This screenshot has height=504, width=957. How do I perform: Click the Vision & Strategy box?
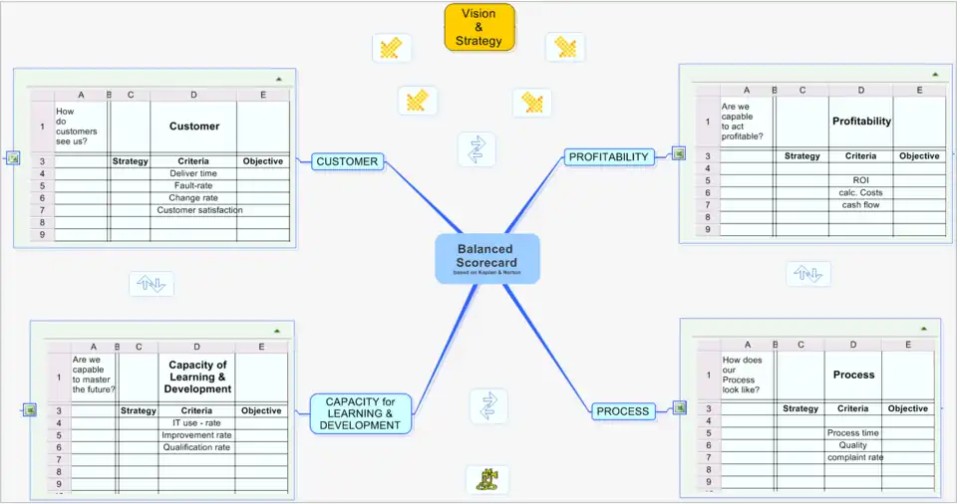[x=479, y=28]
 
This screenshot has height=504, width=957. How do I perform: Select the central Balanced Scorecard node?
[x=486, y=257]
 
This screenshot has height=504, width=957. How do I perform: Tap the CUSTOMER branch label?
[x=347, y=161]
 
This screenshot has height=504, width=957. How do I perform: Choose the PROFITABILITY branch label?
[x=608, y=156]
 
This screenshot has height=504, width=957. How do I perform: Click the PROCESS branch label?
[x=622, y=411]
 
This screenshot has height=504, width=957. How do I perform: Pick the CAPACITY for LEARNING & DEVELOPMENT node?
[x=360, y=413]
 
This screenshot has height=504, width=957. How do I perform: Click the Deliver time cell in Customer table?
[x=193, y=173]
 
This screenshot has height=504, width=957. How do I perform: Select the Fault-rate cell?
[x=193, y=185]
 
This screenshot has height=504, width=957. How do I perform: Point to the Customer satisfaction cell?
[x=199, y=210]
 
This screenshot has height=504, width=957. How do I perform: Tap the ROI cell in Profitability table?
[x=860, y=180]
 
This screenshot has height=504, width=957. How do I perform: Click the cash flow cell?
[x=860, y=205]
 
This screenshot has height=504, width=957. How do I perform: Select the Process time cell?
[x=853, y=433]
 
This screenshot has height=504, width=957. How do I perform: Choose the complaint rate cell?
[x=854, y=458]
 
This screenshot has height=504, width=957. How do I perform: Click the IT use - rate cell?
[x=196, y=423]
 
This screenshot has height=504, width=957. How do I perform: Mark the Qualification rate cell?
[x=196, y=448]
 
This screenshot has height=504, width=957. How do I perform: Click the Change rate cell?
[x=193, y=198]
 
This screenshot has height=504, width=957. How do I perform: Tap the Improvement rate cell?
[x=196, y=435]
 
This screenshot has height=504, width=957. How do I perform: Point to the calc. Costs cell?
[x=860, y=193]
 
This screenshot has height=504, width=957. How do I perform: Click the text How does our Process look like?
[x=743, y=375]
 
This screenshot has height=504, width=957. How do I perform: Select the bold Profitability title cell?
[x=861, y=122]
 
